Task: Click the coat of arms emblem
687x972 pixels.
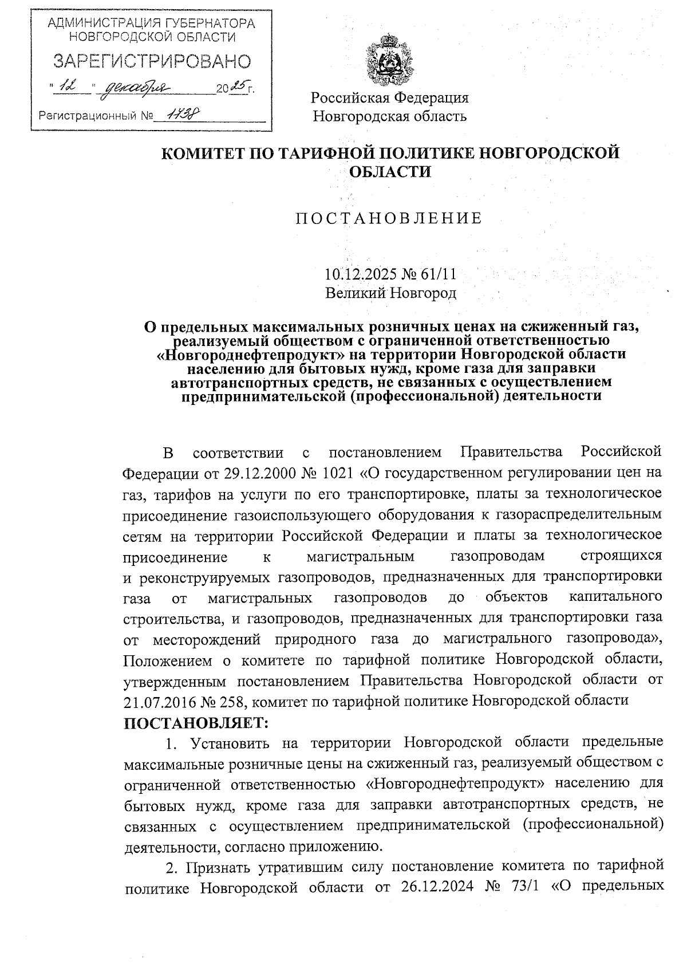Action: [389, 61]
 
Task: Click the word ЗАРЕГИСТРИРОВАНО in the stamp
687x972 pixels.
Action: [152, 61]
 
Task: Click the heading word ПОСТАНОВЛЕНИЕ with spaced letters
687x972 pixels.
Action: [389, 218]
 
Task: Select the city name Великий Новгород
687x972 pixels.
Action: [390, 293]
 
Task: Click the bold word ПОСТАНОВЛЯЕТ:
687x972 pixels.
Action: [196, 722]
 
